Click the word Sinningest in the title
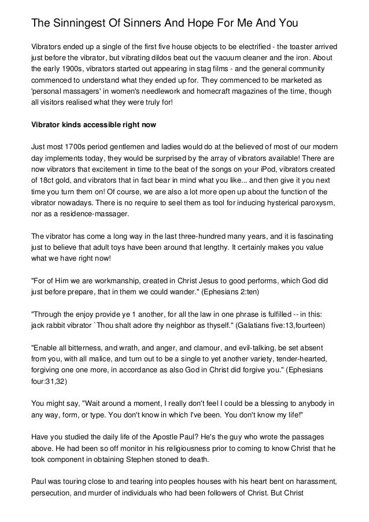pos(80,24)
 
